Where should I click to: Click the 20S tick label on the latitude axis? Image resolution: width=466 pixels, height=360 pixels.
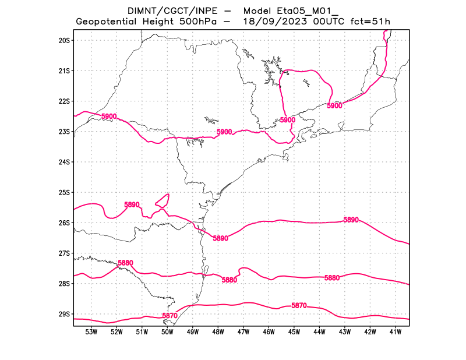[64, 40]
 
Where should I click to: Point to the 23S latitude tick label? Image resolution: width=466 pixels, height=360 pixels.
[64, 132]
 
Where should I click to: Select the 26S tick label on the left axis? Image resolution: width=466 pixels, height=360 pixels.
[64, 223]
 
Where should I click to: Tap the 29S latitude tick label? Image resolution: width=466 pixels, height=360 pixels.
[64, 314]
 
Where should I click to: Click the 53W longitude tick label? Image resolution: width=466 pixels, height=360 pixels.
[91, 332]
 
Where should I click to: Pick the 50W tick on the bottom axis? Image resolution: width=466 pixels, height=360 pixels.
[167, 332]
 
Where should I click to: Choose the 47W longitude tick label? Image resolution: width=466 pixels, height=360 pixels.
[243, 332]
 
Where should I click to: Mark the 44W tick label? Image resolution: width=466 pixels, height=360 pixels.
[319, 332]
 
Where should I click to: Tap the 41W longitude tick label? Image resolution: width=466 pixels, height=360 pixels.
[395, 332]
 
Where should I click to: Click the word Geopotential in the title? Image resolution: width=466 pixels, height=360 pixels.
[107, 22]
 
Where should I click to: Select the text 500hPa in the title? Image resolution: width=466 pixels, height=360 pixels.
[197, 22]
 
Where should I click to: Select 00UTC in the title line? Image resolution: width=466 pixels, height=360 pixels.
[327, 22]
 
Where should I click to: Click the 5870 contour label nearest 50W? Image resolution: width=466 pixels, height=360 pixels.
[170, 316]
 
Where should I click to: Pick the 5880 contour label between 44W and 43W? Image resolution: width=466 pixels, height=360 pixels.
[331, 278]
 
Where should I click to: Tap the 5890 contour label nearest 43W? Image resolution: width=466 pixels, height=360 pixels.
[351, 220]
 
